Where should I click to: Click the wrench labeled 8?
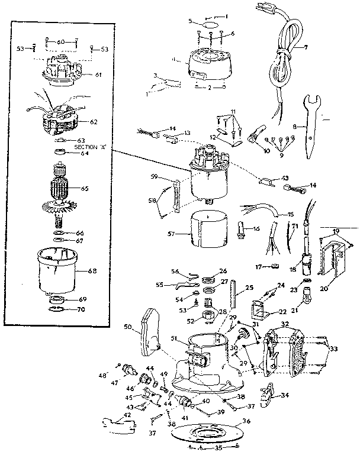point(312,127)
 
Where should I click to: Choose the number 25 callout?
point(249,288)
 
